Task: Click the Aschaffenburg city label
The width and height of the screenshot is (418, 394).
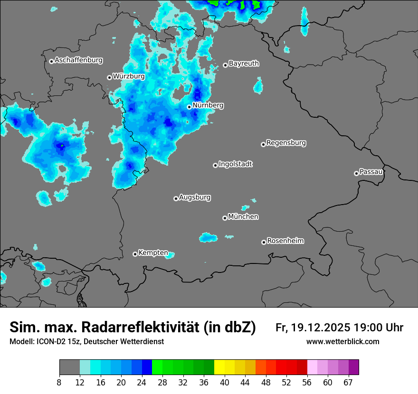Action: pyautogui.click(x=78, y=60)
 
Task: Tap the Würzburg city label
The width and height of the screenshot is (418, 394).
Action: pyautogui.click(x=129, y=76)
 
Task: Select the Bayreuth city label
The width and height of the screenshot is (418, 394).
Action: pyautogui.click(x=244, y=64)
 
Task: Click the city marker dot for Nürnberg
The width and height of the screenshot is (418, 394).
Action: pyautogui.click(x=189, y=107)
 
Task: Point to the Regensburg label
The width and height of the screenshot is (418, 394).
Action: pyautogui.click(x=286, y=143)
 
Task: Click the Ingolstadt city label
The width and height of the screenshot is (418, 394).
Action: pyautogui.click(x=235, y=164)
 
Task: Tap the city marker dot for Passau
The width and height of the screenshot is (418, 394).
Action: pyautogui.click(x=356, y=173)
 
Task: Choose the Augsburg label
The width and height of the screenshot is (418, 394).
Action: pyautogui.click(x=195, y=197)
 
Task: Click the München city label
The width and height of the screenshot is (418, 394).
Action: pyautogui.click(x=243, y=217)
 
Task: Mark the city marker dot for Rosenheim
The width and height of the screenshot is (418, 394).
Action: pyautogui.click(x=264, y=242)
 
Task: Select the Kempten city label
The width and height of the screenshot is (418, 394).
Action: pyautogui.click(x=153, y=253)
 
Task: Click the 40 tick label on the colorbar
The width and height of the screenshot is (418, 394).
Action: pyautogui.click(x=225, y=382)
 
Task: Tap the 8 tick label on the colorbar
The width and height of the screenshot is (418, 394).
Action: pyautogui.click(x=59, y=382)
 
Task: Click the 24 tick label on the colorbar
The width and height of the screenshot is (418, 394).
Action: pyautogui.click(x=142, y=382)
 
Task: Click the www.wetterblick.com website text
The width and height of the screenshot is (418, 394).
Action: pyautogui.click(x=342, y=342)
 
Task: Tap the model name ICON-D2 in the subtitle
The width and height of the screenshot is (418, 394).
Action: pyautogui.click(x=50, y=342)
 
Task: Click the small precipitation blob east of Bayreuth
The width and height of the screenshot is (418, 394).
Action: pyautogui.click(x=258, y=86)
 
